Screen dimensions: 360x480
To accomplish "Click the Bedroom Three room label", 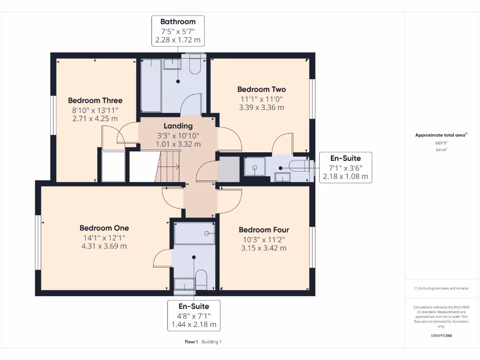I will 95,100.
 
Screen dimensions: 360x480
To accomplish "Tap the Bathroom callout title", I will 178,22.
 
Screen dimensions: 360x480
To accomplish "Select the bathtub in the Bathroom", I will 151,85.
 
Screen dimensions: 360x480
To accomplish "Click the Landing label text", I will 178,126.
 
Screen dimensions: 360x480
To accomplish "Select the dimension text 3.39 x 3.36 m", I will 261,107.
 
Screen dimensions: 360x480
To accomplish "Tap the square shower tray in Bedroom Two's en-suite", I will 255,167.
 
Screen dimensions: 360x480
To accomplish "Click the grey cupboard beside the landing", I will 228,169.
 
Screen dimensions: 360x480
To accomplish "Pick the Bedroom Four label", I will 264,230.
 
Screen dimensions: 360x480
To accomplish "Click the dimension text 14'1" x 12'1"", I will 104,237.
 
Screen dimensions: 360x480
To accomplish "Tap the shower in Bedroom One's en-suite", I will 195,233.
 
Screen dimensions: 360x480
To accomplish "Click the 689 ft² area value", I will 440,143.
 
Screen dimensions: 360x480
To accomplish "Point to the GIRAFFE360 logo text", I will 441,336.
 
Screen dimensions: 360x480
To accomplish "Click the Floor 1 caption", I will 191,342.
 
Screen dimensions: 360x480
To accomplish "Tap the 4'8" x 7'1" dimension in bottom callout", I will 194,315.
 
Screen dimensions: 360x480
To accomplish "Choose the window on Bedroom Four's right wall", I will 312,247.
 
